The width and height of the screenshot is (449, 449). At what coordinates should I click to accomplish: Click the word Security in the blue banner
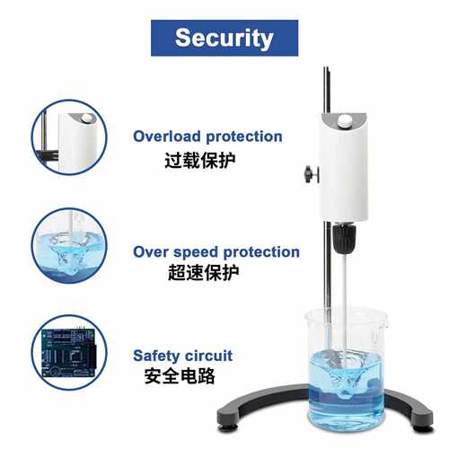(x=224, y=39)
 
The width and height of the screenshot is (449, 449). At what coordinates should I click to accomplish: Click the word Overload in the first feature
(x=167, y=136)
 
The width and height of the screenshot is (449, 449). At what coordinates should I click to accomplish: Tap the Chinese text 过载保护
(x=200, y=161)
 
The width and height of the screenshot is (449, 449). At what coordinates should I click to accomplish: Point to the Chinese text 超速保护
(x=204, y=273)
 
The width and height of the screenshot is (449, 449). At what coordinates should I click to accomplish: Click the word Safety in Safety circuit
(x=156, y=356)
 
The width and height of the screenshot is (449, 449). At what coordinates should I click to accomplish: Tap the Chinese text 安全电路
(x=180, y=376)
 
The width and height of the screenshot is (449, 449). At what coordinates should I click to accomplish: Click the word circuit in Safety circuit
(x=208, y=356)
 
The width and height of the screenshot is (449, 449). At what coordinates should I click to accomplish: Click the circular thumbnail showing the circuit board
(x=69, y=352)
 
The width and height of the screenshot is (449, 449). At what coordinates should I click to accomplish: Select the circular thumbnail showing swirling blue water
(x=69, y=246)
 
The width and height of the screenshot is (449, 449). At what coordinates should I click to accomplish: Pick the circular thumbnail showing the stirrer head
(x=69, y=137)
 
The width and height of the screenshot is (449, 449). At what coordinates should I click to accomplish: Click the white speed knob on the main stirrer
(x=344, y=121)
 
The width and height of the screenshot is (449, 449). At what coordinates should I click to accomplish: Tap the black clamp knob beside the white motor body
(x=310, y=174)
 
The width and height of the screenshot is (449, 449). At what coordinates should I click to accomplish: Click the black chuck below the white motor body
(x=344, y=239)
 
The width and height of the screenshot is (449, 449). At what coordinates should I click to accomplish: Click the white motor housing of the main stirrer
(x=344, y=168)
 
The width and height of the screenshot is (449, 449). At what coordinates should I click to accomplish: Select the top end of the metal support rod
(x=326, y=68)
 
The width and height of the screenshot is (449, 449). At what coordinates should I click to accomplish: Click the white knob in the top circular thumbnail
(x=87, y=119)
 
